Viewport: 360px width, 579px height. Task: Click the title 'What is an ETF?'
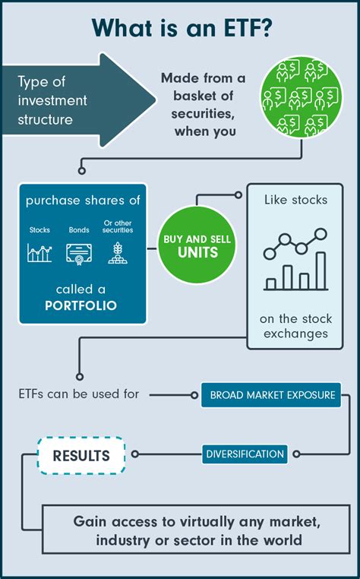point(180,27)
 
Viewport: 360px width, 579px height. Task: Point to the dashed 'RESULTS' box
point(81,456)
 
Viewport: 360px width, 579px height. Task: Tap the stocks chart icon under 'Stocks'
point(39,252)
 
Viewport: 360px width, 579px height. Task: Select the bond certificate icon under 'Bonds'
point(78,252)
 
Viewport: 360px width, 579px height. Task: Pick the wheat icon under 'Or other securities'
point(117,252)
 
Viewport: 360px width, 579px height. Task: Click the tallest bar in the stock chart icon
point(321,271)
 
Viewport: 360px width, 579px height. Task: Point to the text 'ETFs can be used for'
point(78,394)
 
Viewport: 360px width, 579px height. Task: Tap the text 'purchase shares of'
point(82,201)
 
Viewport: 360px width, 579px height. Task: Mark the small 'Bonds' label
point(78,229)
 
